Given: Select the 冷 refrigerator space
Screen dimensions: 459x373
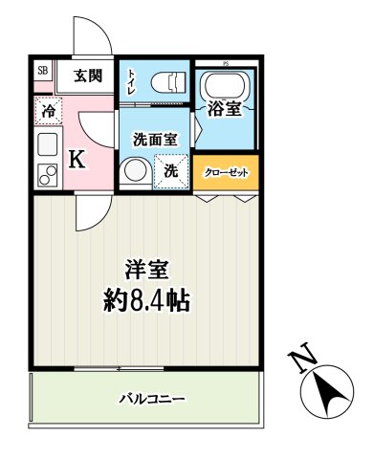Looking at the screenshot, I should coord(48,110).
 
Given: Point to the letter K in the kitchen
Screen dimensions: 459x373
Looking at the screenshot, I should coord(77,159).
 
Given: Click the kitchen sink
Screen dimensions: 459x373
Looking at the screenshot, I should coord(47,145).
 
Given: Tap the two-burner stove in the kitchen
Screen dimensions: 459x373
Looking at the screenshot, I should coord(46,176).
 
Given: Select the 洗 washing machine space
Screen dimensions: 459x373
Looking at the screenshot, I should coord(170,173).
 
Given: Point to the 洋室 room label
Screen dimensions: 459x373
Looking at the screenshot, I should coord(146,269).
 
